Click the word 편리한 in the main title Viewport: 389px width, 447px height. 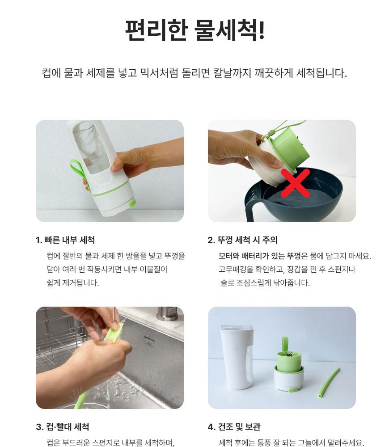click(x=156, y=30)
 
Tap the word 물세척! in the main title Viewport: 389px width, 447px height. click(x=230, y=30)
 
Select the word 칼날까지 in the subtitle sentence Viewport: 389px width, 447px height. click(x=232, y=73)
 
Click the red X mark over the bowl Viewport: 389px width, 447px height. click(x=296, y=183)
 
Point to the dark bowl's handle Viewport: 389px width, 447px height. click(x=250, y=206)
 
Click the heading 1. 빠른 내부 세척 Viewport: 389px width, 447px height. click(x=65, y=240)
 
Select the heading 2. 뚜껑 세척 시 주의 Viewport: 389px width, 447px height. click(x=242, y=240)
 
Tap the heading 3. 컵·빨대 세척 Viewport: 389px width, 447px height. click(x=63, y=427)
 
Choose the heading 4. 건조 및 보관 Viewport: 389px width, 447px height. click(x=234, y=427)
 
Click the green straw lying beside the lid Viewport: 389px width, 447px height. click(x=329, y=383)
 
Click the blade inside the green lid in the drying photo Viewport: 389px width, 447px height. click(x=288, y=354)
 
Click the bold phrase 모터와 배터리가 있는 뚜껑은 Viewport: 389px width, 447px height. click(x=260, y=256)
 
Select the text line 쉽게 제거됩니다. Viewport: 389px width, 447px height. click(x=73, y=283)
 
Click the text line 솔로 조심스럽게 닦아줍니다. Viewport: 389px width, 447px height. click(x=265, y=283)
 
